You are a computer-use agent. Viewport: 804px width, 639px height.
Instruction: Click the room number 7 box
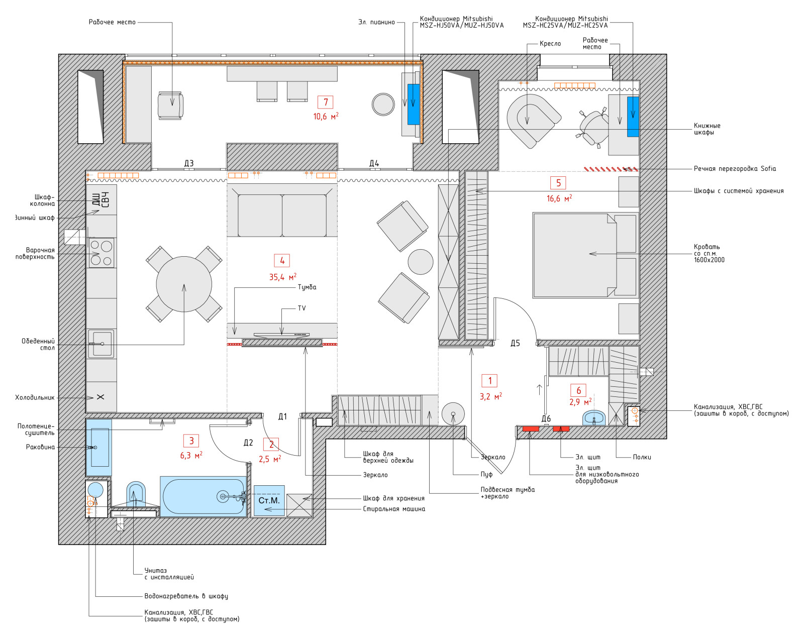pyautogui.click(x=326, y=102)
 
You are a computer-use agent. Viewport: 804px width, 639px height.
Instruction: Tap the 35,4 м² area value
pyautogui.click(x=283, y=277)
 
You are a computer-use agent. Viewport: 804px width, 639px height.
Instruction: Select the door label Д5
pyautogui.click(x=515, y=343)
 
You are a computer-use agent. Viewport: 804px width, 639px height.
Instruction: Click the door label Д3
pyautogui.click(x=188, y=163)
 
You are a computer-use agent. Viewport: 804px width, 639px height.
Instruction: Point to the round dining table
pyautogui.click(x=184, y=284)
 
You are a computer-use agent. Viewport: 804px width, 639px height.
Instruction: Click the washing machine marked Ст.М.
pyautogui.click(x=269, y=500)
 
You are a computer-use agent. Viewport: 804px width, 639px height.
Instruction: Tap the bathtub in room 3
pyautogui.click(x=203, y=496)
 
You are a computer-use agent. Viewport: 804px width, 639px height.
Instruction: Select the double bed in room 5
pyautogui.click(x=585, y=255)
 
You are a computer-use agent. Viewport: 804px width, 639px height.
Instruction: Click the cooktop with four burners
pyautogui.click(x=101, y=254)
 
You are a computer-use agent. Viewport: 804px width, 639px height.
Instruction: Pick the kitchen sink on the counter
pyautogui.click(x=101, y=344)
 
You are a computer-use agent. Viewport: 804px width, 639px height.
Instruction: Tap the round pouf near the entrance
pyautogui.click(x=453, y=414)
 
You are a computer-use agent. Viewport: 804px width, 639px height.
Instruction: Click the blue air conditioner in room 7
pyautogui.click(x=413, y=104)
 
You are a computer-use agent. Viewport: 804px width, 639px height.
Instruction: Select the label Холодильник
pyautogui.click(x=35, y=397)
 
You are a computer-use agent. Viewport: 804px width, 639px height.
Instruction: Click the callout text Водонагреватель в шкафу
pyautogui.click(x=186, y=596)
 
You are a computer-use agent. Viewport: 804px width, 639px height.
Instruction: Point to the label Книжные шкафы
pyautogui.click(x=707, y=129)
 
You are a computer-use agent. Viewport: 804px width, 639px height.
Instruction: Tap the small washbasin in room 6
pyautogui.click(x=594, y=418)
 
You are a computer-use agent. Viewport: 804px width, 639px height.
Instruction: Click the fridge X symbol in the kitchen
pyautogui.click(x=100, y=397)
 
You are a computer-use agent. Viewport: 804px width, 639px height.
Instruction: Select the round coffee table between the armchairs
pyautogui.click(x=420, y=262)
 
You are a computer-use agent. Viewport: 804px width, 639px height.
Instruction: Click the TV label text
pyautogui.click(x=301, y=308)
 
